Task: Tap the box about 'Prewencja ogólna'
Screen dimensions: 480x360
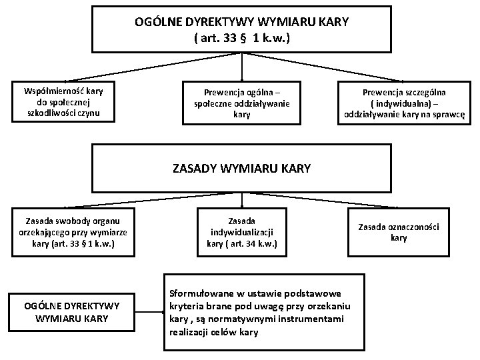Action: pyautogui.click(x=241, y=103)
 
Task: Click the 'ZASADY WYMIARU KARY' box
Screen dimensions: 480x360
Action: pyautogui.click(x=241, y=168)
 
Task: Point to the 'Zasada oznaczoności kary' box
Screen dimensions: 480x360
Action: pyautogui.click(x=399, y=232)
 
